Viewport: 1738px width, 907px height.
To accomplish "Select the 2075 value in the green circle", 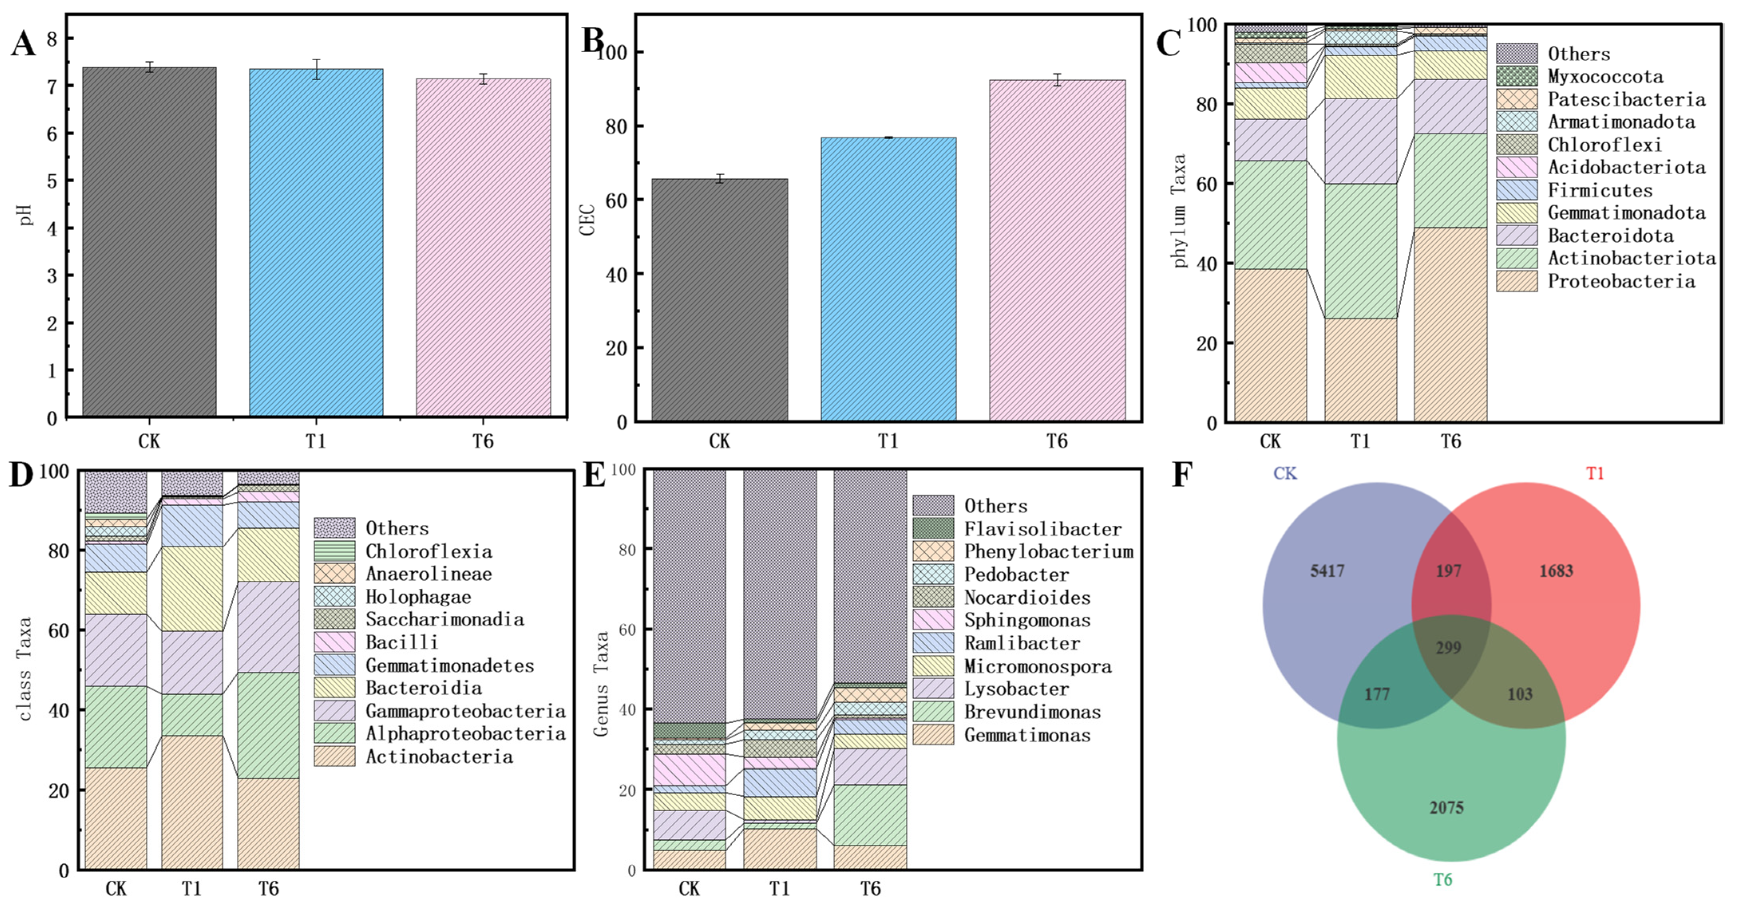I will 1447,807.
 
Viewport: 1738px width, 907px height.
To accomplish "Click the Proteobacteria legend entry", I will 1621,281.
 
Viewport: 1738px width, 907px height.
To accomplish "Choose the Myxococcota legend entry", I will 1604,76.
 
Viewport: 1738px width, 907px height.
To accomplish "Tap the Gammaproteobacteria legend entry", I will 465,711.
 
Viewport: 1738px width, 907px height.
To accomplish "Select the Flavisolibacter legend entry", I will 1042,529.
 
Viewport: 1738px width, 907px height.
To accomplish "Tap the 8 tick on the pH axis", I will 52,39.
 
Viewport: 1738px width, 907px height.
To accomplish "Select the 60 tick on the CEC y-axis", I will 616,200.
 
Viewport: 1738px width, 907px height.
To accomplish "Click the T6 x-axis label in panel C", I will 1451,441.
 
